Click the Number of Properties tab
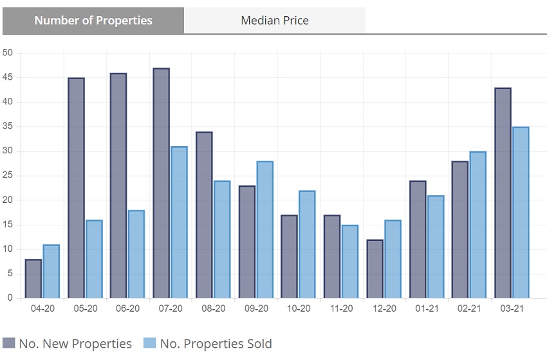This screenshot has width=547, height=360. point(93,21)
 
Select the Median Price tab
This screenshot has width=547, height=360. point(275,21)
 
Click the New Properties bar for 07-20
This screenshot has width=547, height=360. point(162,183)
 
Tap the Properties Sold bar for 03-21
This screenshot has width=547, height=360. point(520,213)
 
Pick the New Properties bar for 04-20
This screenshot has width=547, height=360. point(33,278)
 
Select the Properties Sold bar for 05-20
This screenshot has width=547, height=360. point(94,259)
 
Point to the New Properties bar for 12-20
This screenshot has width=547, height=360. point(375,269)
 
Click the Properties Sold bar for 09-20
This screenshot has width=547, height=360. point(264,229)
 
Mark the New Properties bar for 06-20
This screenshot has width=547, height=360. point(118,185)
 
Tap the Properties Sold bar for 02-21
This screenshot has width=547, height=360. point(477,225)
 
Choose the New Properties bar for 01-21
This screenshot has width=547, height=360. point(418,240)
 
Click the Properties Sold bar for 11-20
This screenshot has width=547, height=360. point(350,261)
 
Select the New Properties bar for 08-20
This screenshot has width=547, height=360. point(204,215)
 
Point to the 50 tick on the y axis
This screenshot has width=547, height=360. point(8,53)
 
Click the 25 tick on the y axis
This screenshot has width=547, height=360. point(8,176)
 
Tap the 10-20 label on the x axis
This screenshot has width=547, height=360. point(299,309)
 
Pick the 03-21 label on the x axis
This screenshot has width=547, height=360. point(512,309)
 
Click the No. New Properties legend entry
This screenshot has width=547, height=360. point(68,343)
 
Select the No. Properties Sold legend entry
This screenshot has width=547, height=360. point(207,343)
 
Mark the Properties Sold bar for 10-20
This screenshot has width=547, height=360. point(308,244)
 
